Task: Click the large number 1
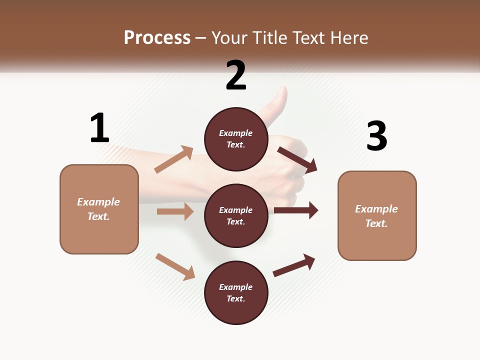pyautogui.click(x=99, y=128)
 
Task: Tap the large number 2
pyautogui.click(x=236, y=75)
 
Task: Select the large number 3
pyautogui.click(x=377, y=136)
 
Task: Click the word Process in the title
pyautogui.click(x=157, y=37)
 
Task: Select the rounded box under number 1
pyautogui.click(x=99, y=209)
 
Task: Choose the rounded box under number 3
pyautogui.click(x=377, y=215)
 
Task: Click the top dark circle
pyautogui.click(x=236, y=139)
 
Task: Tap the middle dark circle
pyautogui.click(x=236, y=215)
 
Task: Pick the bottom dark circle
pyautogui.click(x=236, y=292)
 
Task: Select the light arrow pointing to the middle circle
pyautogui.click(x=175, y=211)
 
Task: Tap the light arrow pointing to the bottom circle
pyautogui.click(x=175, y=266)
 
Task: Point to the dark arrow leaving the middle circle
pyautogui.click(x=296, y=210)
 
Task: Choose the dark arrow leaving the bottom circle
pyautogui.click(x=294, y=265)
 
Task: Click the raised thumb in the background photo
pyautogui.click(x=278, y=105)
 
